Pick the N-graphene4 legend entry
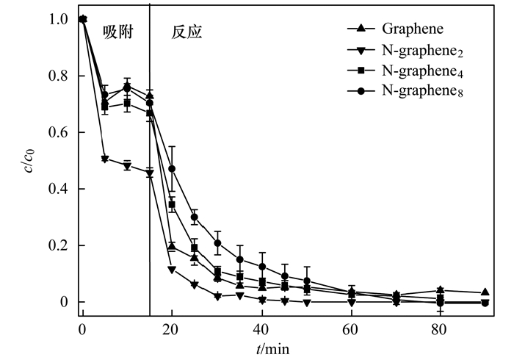coord(412,71)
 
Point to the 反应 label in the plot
coord(187,32)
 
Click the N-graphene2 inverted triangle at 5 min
coord(105,159)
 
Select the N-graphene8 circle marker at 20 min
coord(172,169)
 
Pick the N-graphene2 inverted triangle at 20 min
coord(172,270)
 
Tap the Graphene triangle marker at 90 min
coord(485,292)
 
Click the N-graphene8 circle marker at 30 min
coord(217,243)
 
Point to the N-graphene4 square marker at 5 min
coord(105,107)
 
